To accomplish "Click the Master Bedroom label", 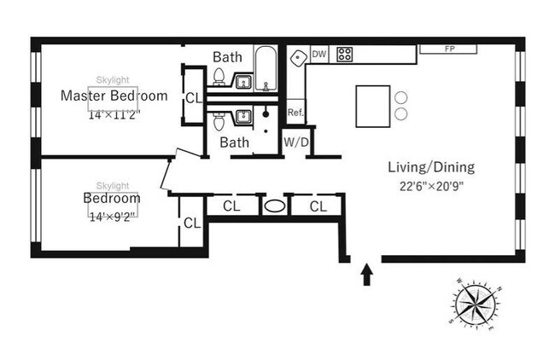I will [x=114, y=96].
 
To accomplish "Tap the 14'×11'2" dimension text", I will [x=114, y=114].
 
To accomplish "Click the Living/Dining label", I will [x=430, y=167].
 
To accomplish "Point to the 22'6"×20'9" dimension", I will [x=430, y=185].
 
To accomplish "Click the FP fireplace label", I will [x=448, y=49].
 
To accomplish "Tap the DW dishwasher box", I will [x=319, y=54].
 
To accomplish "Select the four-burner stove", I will [x=345, y=55].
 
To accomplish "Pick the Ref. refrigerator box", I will [x=295, y=112].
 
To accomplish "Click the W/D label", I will [x=295, y=142].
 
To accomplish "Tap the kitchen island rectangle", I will [x=371, y=106].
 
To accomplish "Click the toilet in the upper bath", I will [x=219, y=78].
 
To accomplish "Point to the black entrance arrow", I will [x=367, y=274].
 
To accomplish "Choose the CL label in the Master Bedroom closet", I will [x=193, y=97].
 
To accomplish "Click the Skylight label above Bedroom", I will [x=113, y=186].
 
